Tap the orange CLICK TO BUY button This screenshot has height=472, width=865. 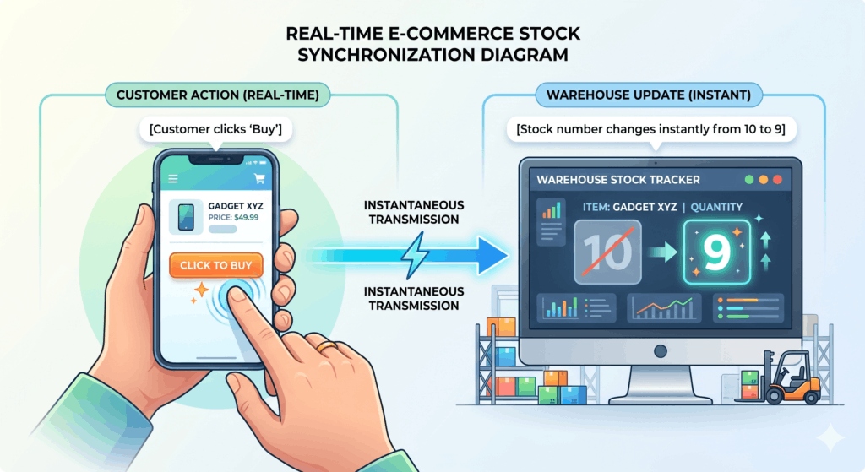coord(215,265)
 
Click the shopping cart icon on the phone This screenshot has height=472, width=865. coord(259,178)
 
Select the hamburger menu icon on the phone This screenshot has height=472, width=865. coord(172,179)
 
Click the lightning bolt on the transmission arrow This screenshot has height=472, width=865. coord(414,255)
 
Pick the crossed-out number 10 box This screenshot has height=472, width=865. coord(607,252)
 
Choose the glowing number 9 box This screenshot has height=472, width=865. coord(716,252)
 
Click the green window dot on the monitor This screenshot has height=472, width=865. coord(748,180)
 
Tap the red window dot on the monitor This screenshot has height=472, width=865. coord(777,180)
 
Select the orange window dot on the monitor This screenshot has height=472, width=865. coord(763,180)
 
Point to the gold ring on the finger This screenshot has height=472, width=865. coord(326,346)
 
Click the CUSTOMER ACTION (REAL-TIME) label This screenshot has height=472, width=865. coord(218,95)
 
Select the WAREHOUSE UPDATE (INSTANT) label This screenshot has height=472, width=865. coord(649,95)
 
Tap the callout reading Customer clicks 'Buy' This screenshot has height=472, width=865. coord(215,129)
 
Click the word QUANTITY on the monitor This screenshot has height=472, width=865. coord(716,208)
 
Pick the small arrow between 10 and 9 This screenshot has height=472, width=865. coord(662,252)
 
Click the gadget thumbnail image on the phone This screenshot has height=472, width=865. coord(186,217)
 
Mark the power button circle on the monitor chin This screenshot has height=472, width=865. coord(661,351)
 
